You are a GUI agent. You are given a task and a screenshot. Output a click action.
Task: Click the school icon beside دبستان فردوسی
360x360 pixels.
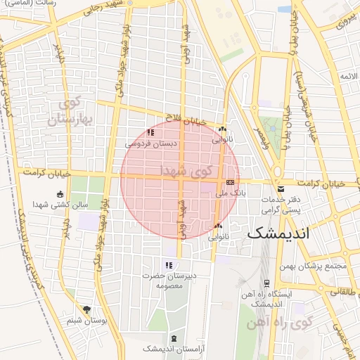coord(150,132)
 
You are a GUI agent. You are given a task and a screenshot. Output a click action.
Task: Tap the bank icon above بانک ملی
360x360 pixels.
coord(230,181)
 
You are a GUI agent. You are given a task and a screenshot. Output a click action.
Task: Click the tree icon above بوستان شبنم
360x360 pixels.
coord(86,309)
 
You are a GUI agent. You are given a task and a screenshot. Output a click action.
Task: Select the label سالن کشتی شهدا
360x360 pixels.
coord(60,205)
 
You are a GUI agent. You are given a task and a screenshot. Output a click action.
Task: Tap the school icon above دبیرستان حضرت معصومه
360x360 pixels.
coord(168,265)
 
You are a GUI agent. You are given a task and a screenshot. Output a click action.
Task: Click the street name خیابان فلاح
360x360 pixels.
coord(186,120)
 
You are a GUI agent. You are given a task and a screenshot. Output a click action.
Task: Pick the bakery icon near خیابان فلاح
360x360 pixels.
coord(222,129)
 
